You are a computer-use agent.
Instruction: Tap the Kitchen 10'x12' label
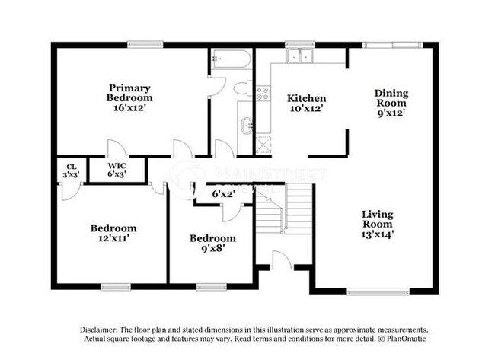click(306, 104)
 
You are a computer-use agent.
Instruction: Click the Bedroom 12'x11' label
click(113, 233)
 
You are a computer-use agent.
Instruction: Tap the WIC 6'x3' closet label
click(117, 169)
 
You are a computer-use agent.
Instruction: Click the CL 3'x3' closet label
click(72, 170)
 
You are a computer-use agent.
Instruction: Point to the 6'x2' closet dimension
click(222, 194)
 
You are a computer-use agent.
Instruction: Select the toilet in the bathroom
click(242, 88)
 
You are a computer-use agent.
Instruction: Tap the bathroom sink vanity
click(247, 125)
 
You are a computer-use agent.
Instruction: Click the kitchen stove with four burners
click(263, 94)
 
